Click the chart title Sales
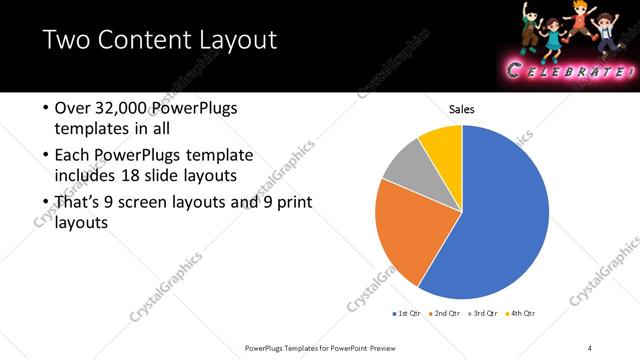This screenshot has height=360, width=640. pyautogui.click(x=462, y=109)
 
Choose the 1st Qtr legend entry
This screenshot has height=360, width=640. pyautogui.click(x=407, y=314)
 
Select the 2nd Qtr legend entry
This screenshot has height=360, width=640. pyautogui.click(x=443, y=314)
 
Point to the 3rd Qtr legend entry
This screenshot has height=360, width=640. pyautogui.click(x=481, y=314)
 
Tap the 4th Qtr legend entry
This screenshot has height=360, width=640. pyautogui.click(x=520, y=314)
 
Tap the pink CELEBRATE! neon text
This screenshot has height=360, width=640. pyautogui.click(x=570, y=71)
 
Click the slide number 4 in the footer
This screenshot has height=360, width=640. pyautogui.click(x=590, y=347)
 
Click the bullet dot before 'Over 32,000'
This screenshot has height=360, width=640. pyautogui.click(x=46, y=108)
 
